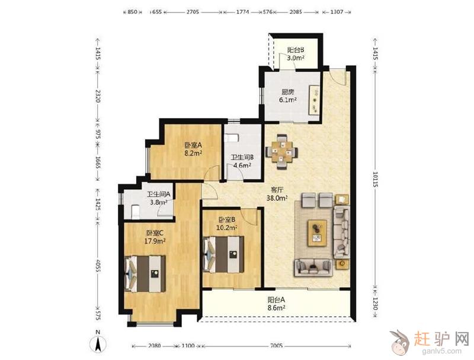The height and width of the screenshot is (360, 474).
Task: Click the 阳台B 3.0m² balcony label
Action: click(x=295, y=54)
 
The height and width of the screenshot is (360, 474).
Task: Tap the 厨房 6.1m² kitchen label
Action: click(x=287, y=95)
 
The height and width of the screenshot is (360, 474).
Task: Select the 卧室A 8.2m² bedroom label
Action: click(x=193, y=149)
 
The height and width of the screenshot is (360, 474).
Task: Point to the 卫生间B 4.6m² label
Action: click(x=242, y=161)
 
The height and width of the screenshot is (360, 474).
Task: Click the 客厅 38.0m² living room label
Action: click(x=277, y=194)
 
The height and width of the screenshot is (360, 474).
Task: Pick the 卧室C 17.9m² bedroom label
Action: click(x=155, y=237)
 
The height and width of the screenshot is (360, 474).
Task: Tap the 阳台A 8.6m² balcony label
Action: click(x=276, y=304)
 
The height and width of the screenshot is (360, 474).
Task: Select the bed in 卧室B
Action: click(x=223, y=254)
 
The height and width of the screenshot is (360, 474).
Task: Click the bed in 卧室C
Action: click(x=145, y=274)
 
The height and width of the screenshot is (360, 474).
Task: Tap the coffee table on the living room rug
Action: click(x=317, y=233)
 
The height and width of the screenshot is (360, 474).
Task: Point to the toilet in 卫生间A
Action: click(x=135, y=212)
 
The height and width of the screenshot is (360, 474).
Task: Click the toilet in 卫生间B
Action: click(x=232, y=138)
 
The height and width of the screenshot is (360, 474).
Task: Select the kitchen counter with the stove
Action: click(x=315, y=100)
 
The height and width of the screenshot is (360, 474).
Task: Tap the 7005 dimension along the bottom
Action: click(x=276, y=346)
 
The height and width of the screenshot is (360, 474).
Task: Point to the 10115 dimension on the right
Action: click(x=375, y=179)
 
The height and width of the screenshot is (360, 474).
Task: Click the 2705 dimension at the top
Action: click(x=193, y=12)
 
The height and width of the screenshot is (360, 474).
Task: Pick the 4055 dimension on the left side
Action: click(x=98, y=266)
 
